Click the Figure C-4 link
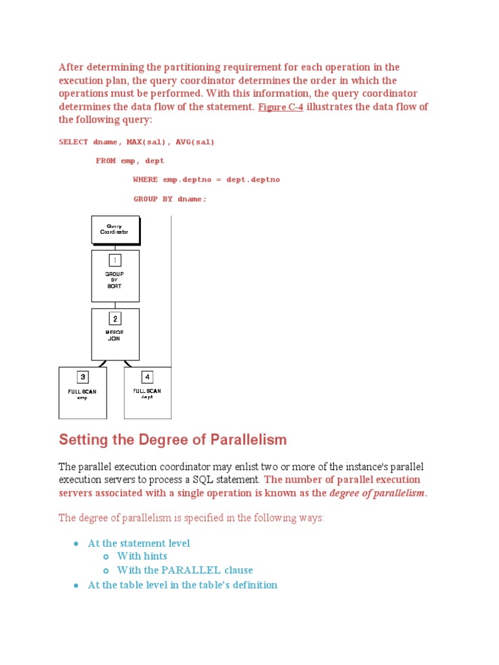[280, 107]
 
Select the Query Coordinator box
[115, 229]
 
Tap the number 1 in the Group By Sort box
[115, 260]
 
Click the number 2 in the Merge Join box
[115, 318]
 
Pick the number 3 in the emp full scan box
[83, 377]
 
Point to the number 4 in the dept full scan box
[147, 377]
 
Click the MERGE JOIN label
[115, 335]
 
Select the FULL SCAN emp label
[83, 394]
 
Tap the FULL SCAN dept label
[147, 394]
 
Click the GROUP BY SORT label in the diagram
[115, 280]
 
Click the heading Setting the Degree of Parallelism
[172, 440]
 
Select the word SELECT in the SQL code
[73, 142]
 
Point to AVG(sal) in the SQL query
[195, 142]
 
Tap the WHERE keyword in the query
[145, 179]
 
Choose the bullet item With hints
[142, 556]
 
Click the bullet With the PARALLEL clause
[185, 570]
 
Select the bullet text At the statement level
[138, 543]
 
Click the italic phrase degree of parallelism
[377, 494]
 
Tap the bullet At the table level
[182, 584]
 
